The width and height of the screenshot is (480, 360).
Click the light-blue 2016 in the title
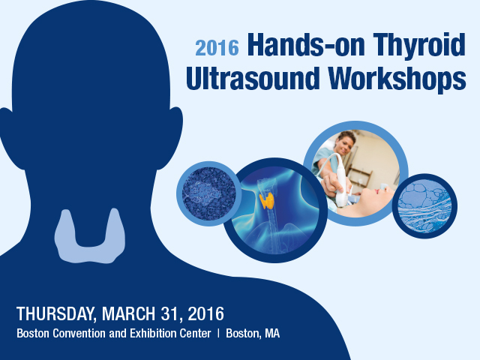[x=217, y=48]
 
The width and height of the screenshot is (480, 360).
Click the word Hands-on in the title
[x=306, y=45]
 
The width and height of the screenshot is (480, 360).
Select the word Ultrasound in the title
[x=253, y=78]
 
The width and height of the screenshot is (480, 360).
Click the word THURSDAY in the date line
[x=57, y=314]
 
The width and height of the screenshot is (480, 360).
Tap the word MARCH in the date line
[x=129, y=313]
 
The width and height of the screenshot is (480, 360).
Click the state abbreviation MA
[x=272, y=333]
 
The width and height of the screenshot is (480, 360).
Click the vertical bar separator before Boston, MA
[x=218, y=333]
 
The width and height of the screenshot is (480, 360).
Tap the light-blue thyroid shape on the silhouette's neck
[x=90, y=237]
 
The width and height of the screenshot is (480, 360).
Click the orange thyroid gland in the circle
[x=267, y=200]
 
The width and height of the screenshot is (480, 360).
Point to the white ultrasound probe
[x=340, y=181]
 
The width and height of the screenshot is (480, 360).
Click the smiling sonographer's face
[x=345, y=145]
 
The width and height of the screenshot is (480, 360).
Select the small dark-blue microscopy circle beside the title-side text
[x=208, y=193]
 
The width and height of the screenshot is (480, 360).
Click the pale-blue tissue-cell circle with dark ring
[x=424, y=206]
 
